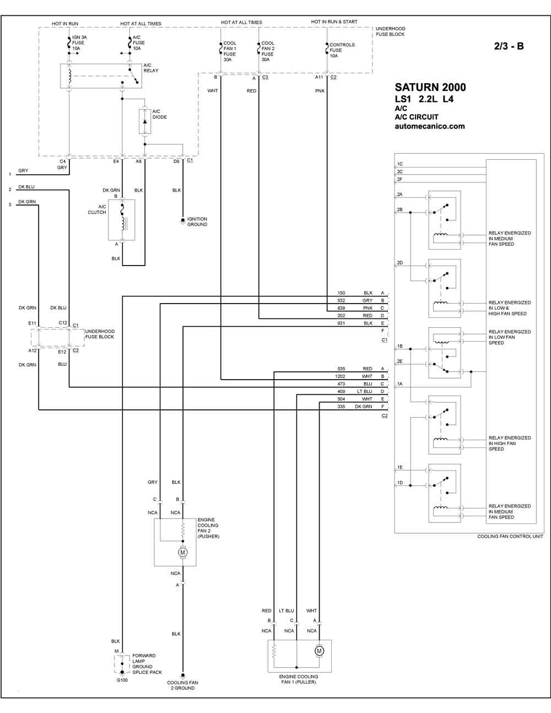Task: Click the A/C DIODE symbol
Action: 145,121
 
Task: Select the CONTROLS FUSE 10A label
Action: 342,50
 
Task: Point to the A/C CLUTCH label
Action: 97,209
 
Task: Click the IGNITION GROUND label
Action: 197,222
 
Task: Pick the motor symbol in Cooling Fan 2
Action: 183,552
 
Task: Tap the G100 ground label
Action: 122,678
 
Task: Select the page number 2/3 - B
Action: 509,46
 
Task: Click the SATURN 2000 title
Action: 430,87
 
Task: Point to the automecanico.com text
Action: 430,126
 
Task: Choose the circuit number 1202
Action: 340,376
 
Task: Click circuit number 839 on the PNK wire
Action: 341,308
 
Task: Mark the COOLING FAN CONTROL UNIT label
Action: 510,537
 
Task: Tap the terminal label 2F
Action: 400,180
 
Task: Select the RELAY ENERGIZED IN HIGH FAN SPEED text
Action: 510,444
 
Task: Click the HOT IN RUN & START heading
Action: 334,21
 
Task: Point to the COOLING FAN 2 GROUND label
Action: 183,685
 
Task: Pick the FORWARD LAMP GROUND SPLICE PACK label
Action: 147,664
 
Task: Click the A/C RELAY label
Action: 151,68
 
